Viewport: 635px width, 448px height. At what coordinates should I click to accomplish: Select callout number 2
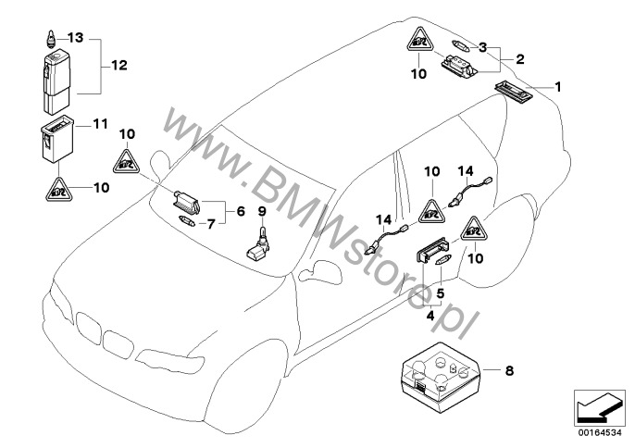[x=520, y=58]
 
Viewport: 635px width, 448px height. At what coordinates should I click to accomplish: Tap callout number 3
[x=482, y=46]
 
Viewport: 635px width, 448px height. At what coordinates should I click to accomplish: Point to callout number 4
[x=429, y=316]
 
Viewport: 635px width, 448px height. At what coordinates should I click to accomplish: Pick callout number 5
[x=442, y=293]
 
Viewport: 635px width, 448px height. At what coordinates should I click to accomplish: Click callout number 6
[x=240, y=211]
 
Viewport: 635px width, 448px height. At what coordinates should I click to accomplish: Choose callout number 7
[x=209, y=223]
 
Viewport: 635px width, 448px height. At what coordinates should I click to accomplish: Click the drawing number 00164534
[x=595, y=429]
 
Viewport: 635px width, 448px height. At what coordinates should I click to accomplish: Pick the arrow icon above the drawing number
[x=595, y=405]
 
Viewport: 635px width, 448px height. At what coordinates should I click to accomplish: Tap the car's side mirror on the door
[x=320, y=269]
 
